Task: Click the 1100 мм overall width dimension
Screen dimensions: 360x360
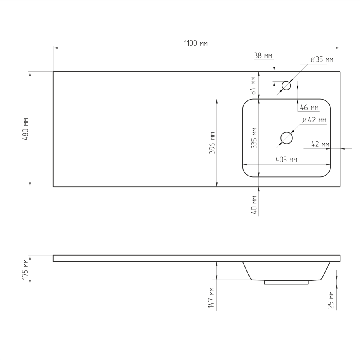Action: (196, 43)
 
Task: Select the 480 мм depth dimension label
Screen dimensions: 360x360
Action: (25, 129)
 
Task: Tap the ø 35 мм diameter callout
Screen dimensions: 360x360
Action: (322, 60)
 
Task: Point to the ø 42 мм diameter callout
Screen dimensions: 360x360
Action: (314, 120)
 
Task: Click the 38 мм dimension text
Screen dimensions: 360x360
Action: (263, 56)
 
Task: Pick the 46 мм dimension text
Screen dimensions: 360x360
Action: (309, 108)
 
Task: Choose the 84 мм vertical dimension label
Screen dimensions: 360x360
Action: (253, 86)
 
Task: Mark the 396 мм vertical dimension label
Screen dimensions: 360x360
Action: (212, 143)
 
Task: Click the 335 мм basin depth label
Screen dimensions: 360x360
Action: (254, 138)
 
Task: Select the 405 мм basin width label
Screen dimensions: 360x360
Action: (286, 160)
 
